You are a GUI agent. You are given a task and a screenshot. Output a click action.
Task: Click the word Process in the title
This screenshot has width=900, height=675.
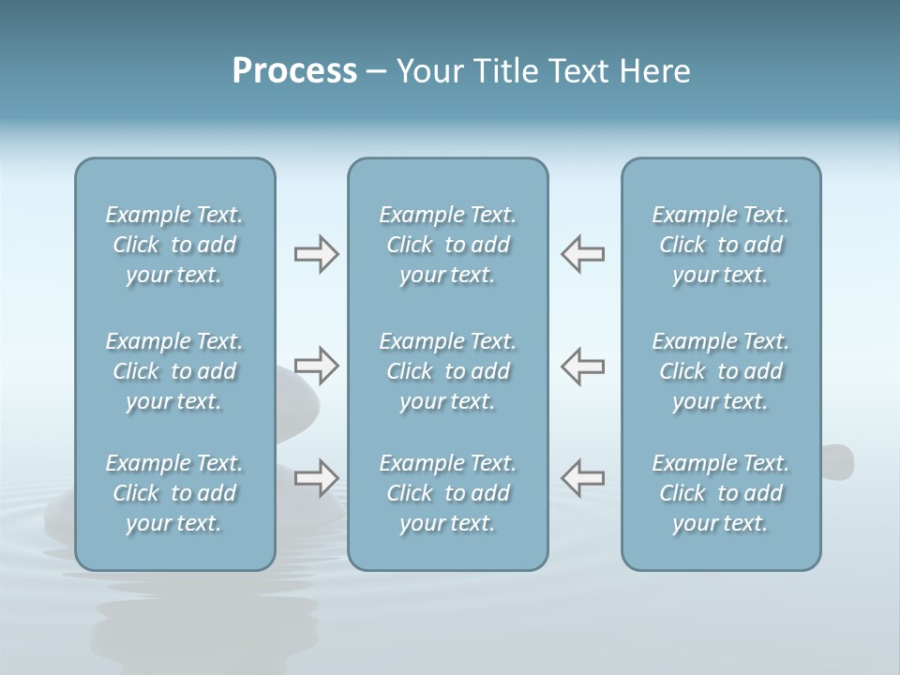click(294, 71)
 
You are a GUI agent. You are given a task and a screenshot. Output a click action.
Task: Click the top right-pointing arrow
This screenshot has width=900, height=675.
click(316, 254)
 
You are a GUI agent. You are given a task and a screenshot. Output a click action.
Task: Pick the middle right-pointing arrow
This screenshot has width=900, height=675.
click(316, 366)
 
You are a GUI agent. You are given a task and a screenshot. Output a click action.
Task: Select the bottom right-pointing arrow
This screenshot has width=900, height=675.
click(316, 478)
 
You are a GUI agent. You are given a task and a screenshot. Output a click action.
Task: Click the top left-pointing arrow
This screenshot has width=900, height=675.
click(582, 254)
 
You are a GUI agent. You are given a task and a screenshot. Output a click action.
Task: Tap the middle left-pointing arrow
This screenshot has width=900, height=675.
click(582, 366)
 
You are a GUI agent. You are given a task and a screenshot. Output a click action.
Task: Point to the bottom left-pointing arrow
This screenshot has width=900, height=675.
click(582, 478)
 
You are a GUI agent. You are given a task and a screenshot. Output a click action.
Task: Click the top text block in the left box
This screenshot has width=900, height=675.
click(174, 245)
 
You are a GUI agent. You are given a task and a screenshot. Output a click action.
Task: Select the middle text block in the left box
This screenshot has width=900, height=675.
click(174, 371)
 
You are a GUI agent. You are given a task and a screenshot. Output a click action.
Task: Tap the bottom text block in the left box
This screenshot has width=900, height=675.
click(174, 493)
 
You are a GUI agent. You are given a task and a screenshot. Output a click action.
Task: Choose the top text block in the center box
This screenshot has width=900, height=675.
click(447, 245)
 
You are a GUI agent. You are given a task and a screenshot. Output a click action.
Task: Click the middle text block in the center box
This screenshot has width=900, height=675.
click(447, 371)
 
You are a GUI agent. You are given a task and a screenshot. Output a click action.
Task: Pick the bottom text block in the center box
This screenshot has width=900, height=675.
click(447, 493)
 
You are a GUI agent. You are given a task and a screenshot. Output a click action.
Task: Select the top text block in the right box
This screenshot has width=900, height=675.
click(720, 245)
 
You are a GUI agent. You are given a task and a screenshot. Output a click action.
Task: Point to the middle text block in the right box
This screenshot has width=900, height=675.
click(720, 371)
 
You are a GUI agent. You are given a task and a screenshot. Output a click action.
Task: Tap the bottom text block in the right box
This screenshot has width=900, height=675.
click(720, 493)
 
